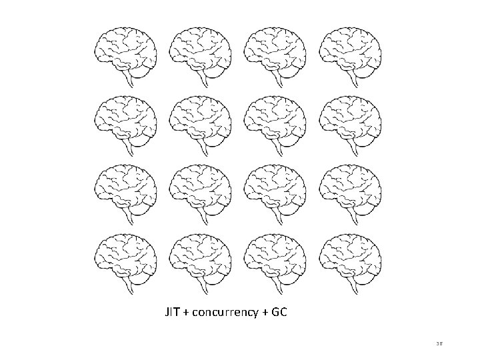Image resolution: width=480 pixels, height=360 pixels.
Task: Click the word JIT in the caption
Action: (x=172, y=311)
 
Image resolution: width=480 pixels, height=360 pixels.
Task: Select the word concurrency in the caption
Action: (x=226, y=312)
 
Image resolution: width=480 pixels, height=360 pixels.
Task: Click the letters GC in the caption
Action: (x=280, y=311)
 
